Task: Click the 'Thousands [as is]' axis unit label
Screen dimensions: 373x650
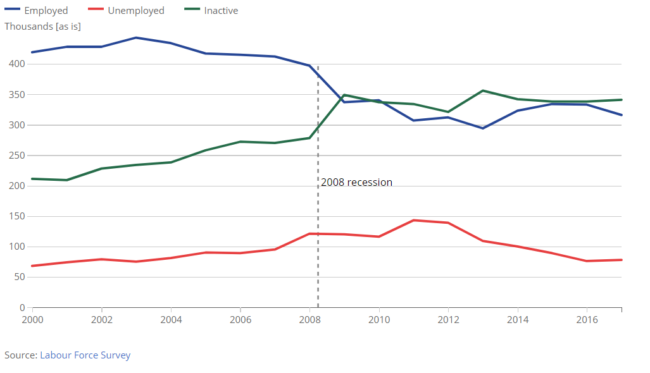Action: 42,27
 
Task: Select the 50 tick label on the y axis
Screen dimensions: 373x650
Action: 18,277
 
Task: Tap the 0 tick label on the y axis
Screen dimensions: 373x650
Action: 21,307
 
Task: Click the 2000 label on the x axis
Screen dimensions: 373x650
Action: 32,320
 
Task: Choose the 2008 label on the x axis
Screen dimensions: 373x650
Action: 309,320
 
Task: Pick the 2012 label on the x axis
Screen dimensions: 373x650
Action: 448,320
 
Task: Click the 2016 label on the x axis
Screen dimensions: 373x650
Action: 587,320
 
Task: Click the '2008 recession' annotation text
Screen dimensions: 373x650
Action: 356,183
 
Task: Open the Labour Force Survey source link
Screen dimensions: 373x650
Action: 85,355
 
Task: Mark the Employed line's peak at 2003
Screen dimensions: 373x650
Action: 136,38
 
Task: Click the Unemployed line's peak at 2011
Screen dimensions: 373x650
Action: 413,220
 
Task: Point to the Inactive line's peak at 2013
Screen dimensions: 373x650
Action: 483,90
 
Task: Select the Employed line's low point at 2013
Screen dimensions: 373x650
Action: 483,128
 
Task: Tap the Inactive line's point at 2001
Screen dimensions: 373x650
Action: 67,180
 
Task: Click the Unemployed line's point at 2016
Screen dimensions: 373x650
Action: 587,261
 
